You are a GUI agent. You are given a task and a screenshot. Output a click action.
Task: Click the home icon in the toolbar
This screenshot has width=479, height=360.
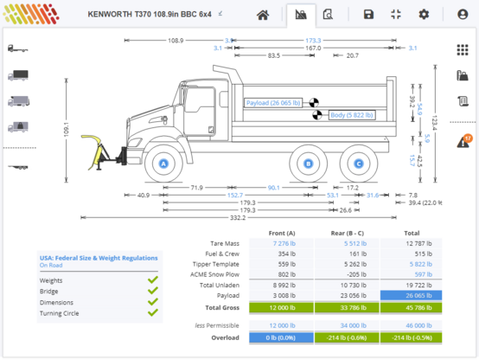pos(263,15)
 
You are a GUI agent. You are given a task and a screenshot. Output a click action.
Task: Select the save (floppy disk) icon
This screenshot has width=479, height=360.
pos(369,15)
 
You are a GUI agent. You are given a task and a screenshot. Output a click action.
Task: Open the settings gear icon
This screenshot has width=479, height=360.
pos(424,15)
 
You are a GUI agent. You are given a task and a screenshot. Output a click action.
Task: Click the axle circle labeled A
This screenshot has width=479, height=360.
pos(163,163)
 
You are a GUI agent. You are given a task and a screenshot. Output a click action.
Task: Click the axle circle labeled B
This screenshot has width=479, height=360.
pos(308,163)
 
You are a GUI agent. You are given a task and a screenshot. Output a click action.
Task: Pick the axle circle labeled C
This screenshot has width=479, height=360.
pos(359,163)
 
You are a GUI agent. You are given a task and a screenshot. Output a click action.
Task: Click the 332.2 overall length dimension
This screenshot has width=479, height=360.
pos(239,218)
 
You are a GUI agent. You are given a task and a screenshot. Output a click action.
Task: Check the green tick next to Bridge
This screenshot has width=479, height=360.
pos(152,291)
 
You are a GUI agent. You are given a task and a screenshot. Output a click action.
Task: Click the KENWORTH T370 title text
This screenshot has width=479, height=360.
pos(148,14)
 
